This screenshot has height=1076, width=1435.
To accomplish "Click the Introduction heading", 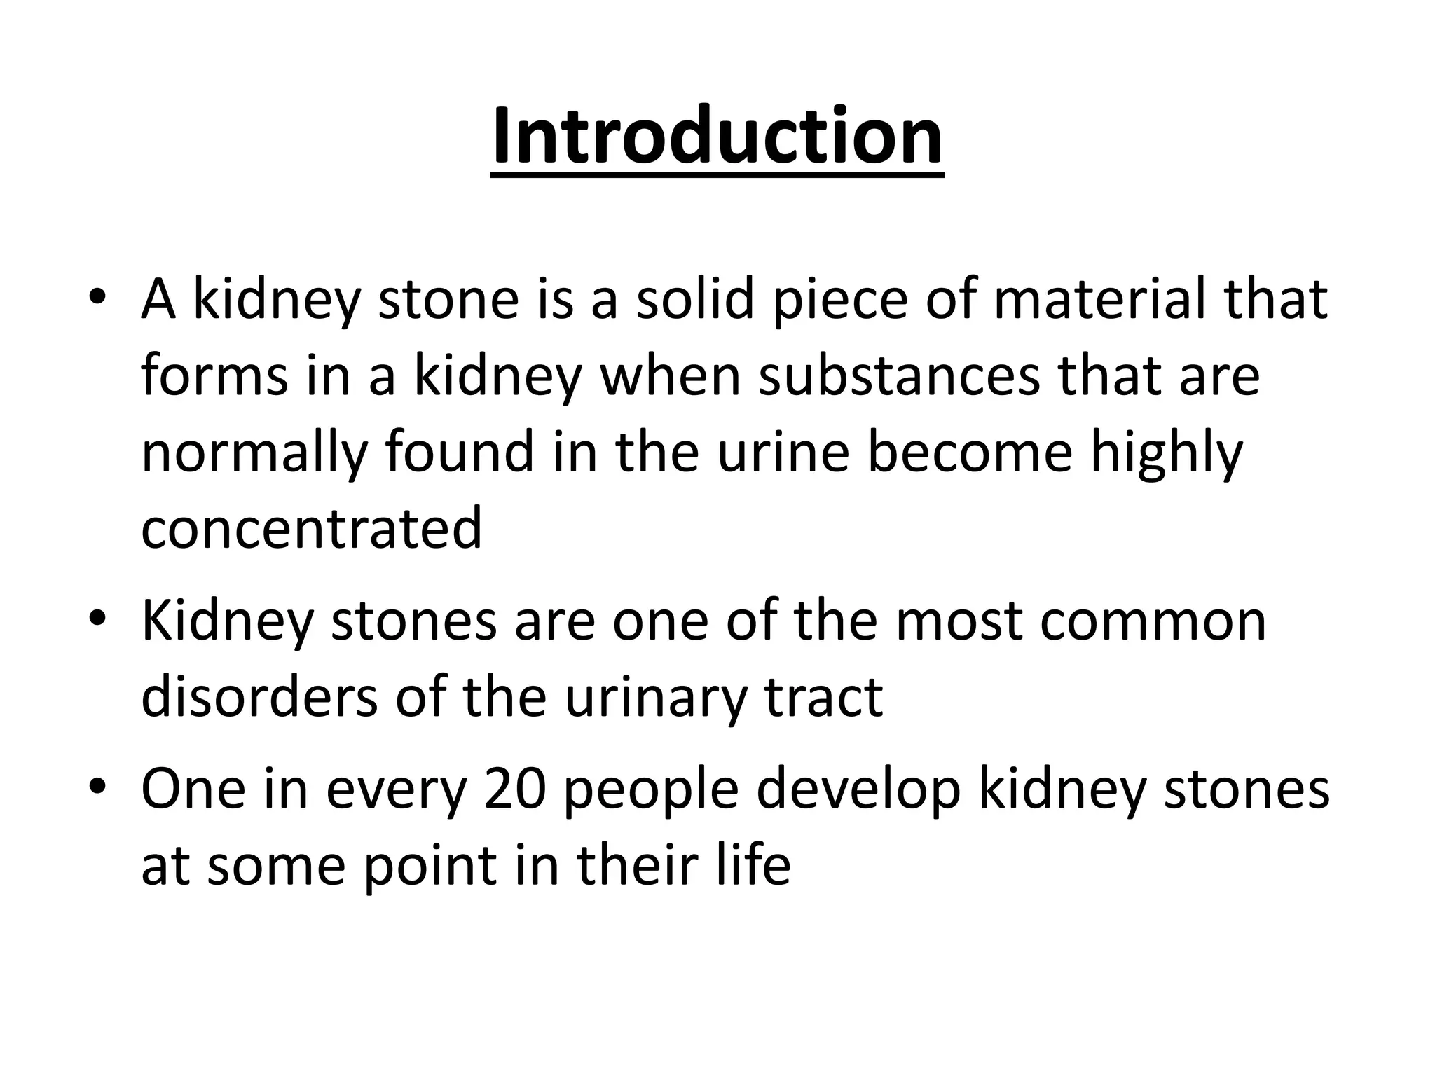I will [717, 136].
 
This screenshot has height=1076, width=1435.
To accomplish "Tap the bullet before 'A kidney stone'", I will [97, 297].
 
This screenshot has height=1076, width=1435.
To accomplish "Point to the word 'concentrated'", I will [311, 527].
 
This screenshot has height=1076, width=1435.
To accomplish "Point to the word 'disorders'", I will [259, 696].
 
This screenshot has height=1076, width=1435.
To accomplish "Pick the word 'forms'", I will [214, 376].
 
